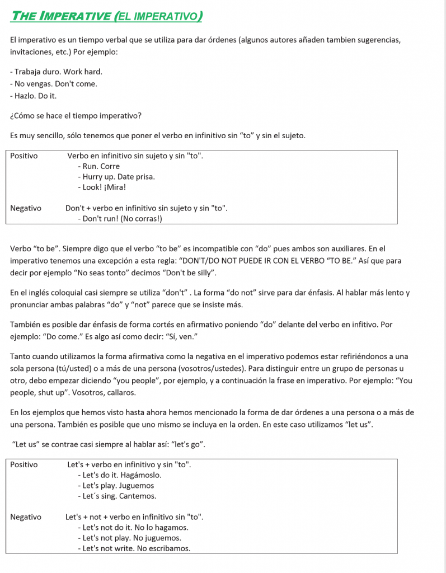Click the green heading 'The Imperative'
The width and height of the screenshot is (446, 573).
click(x=61, y=16)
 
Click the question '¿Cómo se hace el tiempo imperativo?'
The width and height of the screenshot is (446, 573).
click(x=76, y=116)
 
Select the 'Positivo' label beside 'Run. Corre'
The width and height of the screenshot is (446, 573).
click(x=24, y=156)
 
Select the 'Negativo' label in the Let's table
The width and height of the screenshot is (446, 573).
click(x=26, y=517)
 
